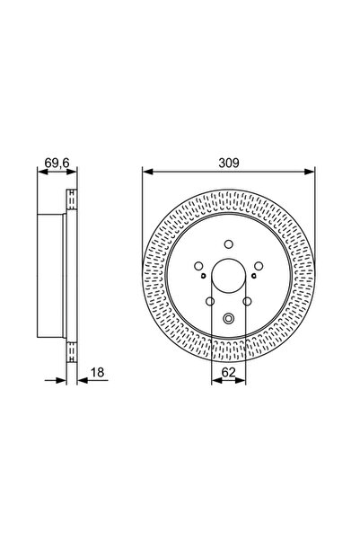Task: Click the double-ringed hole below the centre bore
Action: point(229,316)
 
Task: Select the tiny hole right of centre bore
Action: point(252,276)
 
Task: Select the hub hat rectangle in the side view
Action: point(52,279)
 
